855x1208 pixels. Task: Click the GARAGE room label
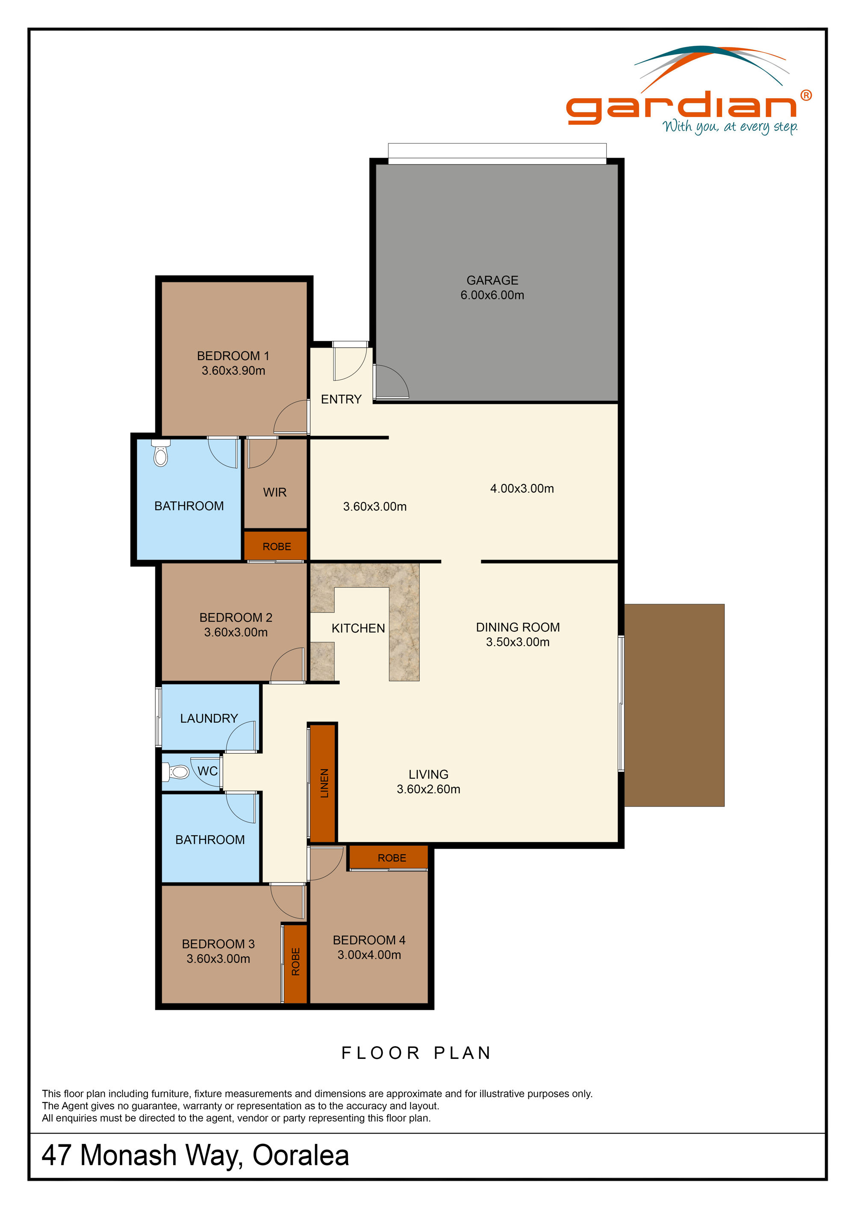(492, 280)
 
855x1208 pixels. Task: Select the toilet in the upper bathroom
(161, 454)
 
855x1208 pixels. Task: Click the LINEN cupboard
(323, 783)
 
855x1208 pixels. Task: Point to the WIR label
(275, 493)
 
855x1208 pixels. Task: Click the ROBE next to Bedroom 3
(295, 962)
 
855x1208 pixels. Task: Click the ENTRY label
(341, 399)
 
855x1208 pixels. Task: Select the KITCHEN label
(358, 628)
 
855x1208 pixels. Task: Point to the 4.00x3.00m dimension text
(522, 488)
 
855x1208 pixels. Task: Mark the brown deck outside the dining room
(674, 705)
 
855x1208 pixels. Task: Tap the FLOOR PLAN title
(416, 1053)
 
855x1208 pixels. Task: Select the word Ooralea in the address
(301, 1155)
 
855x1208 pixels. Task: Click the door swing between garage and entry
(391, 382)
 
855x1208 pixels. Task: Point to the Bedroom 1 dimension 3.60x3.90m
(233, 370)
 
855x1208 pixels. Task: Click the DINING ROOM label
(518, 627)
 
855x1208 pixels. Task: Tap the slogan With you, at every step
(730, 127)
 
